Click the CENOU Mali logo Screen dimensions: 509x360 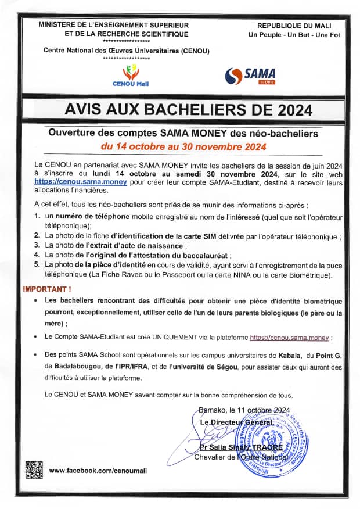click(x=131, y=75)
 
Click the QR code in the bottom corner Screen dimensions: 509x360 click(x=34, y=469)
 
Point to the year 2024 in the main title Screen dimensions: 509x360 click(x=287, y=110)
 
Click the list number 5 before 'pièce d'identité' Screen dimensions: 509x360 click(x=37, y=265)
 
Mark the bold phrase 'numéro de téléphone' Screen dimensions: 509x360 click(x=88, y=217)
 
